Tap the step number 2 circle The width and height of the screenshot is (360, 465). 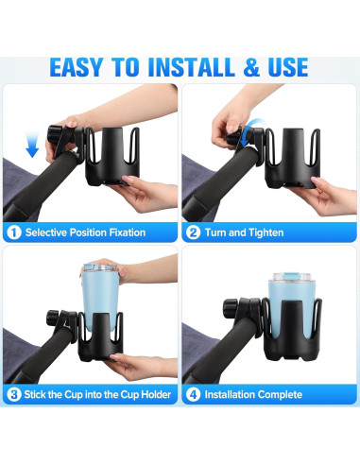click(194, 232)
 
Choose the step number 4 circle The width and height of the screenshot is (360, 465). click(194, 394)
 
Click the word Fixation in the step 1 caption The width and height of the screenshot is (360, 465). click(125, 232)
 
